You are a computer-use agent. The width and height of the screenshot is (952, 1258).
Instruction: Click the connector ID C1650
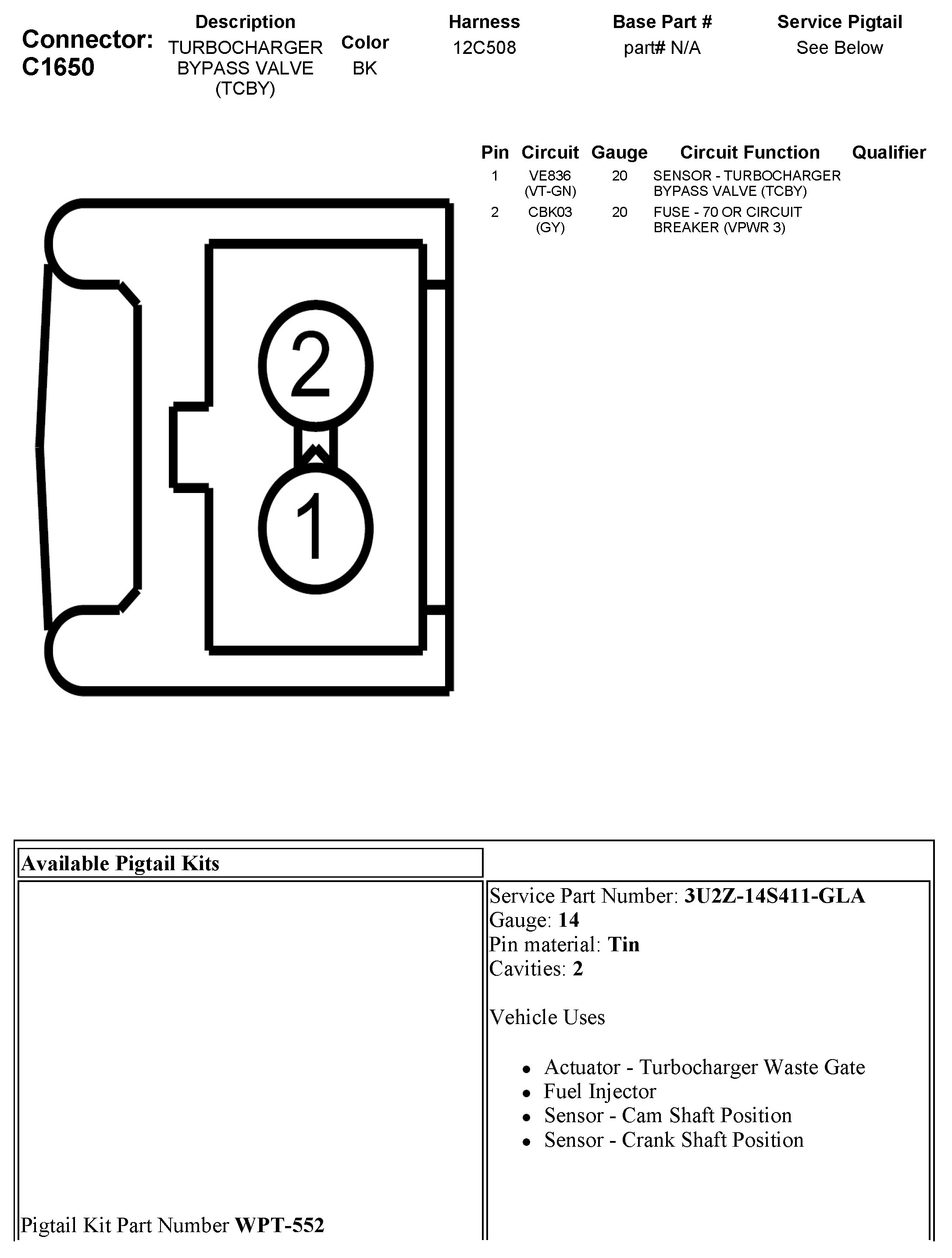click(58, 67)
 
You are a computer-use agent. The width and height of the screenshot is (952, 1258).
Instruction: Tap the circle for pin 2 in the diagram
click(316, 365)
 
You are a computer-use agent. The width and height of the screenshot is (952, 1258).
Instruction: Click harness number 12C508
click(484, 48)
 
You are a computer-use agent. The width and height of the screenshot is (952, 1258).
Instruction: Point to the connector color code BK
click(365, 68)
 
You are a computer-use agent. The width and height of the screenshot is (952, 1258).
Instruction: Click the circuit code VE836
click(550, 176)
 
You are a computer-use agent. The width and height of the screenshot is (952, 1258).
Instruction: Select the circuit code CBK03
click(550, 212)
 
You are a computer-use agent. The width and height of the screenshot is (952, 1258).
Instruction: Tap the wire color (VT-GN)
click(550, 191)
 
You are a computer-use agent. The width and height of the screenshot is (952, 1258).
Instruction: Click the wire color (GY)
click(550, 227)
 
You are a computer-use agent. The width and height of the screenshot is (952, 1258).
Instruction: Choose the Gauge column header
click(619, 152)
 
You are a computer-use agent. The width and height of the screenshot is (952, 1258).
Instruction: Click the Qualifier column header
click(888, 152)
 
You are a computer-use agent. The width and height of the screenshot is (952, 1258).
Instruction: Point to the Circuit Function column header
click(749, 152)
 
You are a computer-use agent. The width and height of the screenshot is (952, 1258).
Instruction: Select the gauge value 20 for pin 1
click(619, 176)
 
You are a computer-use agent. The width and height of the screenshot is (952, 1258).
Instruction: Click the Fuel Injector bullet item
click(600, 1091)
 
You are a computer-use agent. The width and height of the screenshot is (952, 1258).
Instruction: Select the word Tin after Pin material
click(624, 945)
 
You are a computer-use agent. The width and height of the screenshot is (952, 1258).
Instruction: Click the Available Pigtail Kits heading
click(120, 863)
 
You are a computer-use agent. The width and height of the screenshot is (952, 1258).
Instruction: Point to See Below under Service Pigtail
click(839, 48)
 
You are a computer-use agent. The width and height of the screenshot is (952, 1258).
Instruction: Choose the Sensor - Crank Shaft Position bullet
click(674, 1140)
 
